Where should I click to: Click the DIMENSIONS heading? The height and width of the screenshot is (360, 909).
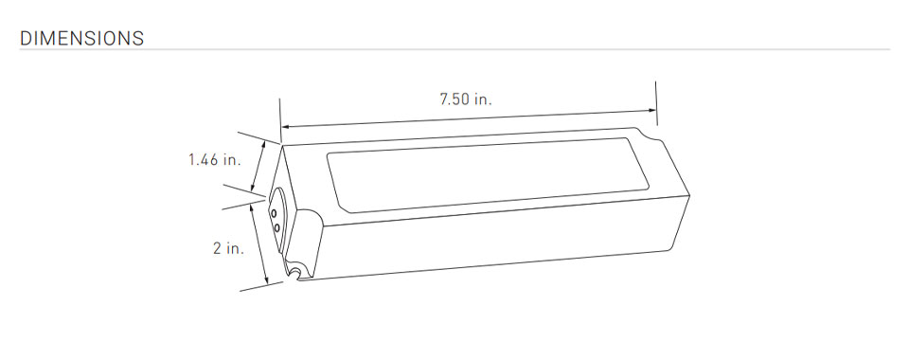click(81, 38)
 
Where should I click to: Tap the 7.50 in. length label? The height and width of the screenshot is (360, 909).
click(466, 99)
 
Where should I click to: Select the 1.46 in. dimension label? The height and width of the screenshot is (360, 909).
click(214, 159)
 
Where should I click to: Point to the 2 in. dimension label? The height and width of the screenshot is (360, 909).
click(228, 249)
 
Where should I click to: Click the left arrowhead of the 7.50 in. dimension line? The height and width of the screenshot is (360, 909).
click(285, 126)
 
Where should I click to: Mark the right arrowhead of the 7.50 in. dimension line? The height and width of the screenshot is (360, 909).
click(652, 110)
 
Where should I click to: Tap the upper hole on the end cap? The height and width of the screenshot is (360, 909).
click(273, 214)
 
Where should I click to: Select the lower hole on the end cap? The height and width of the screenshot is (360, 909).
click(277, 227)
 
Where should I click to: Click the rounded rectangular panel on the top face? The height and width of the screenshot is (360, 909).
click(488, 174)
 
